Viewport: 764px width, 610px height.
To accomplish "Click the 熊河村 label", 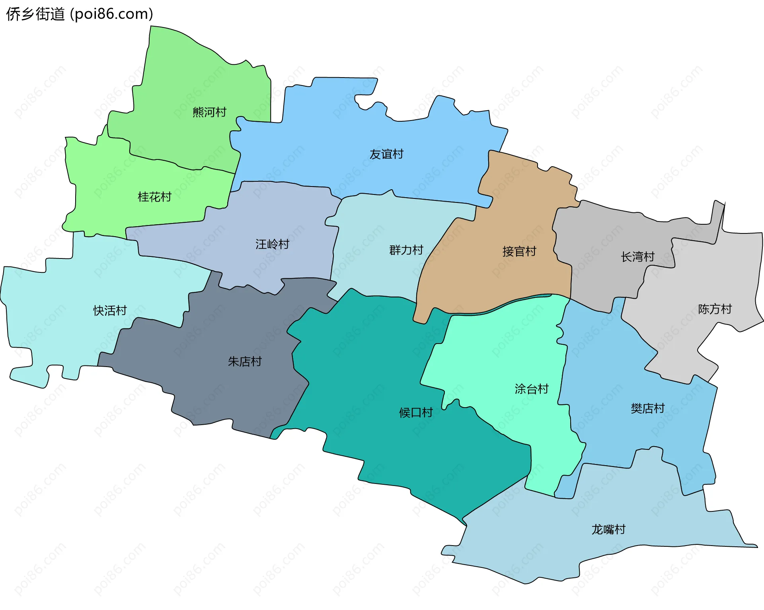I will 209,112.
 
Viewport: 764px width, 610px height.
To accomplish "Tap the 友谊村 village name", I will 386,154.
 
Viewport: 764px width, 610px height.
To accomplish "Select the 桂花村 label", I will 154,197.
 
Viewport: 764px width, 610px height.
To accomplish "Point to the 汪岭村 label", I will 272,244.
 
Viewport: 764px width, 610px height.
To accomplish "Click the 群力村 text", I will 406,250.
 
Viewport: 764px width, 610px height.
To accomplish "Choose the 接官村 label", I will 519,251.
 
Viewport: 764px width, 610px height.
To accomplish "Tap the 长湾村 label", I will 637,257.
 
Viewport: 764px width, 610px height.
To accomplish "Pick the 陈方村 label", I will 715,309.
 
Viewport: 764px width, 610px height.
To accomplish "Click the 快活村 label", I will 110,311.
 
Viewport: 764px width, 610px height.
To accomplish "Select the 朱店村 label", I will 245,361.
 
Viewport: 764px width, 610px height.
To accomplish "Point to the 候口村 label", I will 416,413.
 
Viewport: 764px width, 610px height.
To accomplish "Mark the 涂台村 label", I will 532,389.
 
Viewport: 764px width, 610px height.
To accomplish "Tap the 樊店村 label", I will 647,408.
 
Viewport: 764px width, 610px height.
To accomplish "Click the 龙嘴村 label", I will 608,530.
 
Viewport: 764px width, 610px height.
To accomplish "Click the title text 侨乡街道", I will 35,14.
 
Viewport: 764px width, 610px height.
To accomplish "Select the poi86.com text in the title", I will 111,14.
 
